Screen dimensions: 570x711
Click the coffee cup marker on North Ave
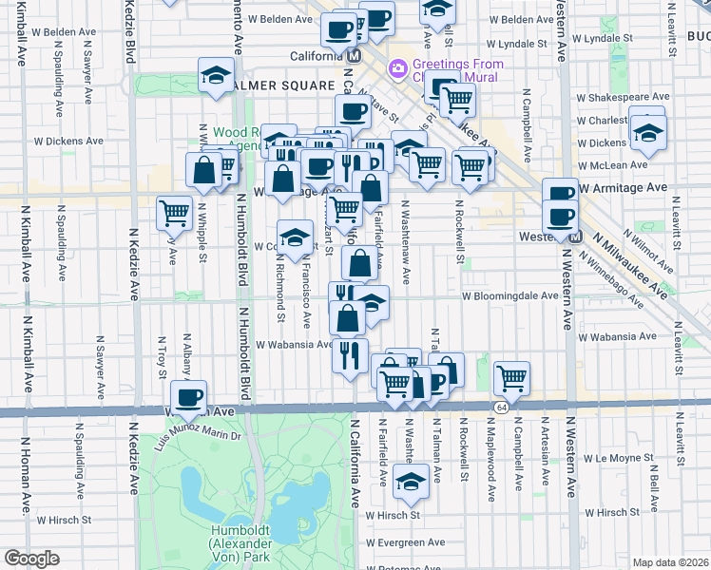pyautogui.click(x=187, y=397)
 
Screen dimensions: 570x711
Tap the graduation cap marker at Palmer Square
pyautogui.click(x=217, y=75)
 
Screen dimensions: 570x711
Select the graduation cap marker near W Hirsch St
pyautogui.click(x=411, y=482)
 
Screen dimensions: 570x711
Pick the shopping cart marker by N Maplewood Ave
pyautogui.click(x=512, y=378)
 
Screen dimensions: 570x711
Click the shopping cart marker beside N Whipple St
pyautogui.click(x=174, y=213)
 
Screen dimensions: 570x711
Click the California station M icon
pyautogui.click(x=354, y=55)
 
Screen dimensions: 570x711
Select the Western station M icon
pyautogui.click(x=568, y=236)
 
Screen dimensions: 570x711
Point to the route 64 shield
pyautogui.click(x=500, y=407)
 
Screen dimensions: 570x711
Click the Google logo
pyautogui.click(x=31, y=559)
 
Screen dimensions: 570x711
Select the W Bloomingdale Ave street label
pyautogui.click(x=509, y=295)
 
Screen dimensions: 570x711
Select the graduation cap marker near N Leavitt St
pyautogui.click(x=647, y=132)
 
